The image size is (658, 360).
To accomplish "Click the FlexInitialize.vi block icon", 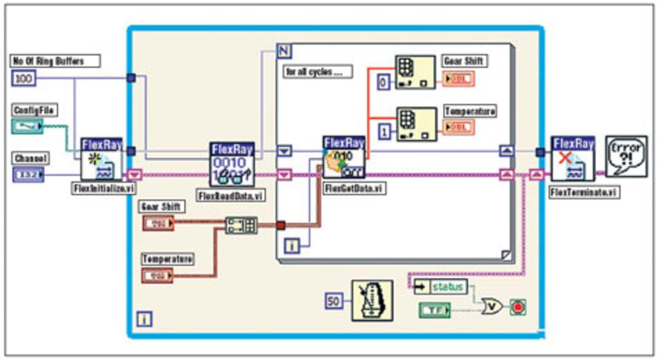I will (x=101, y=159).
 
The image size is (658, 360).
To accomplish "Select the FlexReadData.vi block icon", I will (x=232, y=164).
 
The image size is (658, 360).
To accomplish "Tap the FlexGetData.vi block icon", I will (x=344, y=157).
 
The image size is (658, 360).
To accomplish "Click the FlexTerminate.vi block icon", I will (x=573, y=159).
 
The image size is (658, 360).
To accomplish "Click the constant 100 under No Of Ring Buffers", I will (x=23, y=79).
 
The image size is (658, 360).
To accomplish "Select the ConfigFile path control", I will (x=26, y=127).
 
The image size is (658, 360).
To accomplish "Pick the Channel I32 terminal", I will (x=27, y=175).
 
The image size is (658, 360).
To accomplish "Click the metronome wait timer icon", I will (x=372, y=300).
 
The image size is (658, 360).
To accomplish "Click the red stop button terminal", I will (x=518, y=306).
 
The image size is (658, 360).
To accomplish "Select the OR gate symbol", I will (x=493, y=306).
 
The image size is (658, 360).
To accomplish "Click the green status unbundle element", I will (x=448, y=287).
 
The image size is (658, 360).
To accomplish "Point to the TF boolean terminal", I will (x=434, y=311).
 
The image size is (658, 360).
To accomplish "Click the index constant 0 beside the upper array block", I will (x=384, y=82).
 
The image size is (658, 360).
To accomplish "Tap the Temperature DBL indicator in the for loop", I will (x=459, y=127).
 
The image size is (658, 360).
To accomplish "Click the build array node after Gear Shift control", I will (x=241, y=225).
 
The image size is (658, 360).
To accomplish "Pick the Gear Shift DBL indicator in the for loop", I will (x=459, y=79).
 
